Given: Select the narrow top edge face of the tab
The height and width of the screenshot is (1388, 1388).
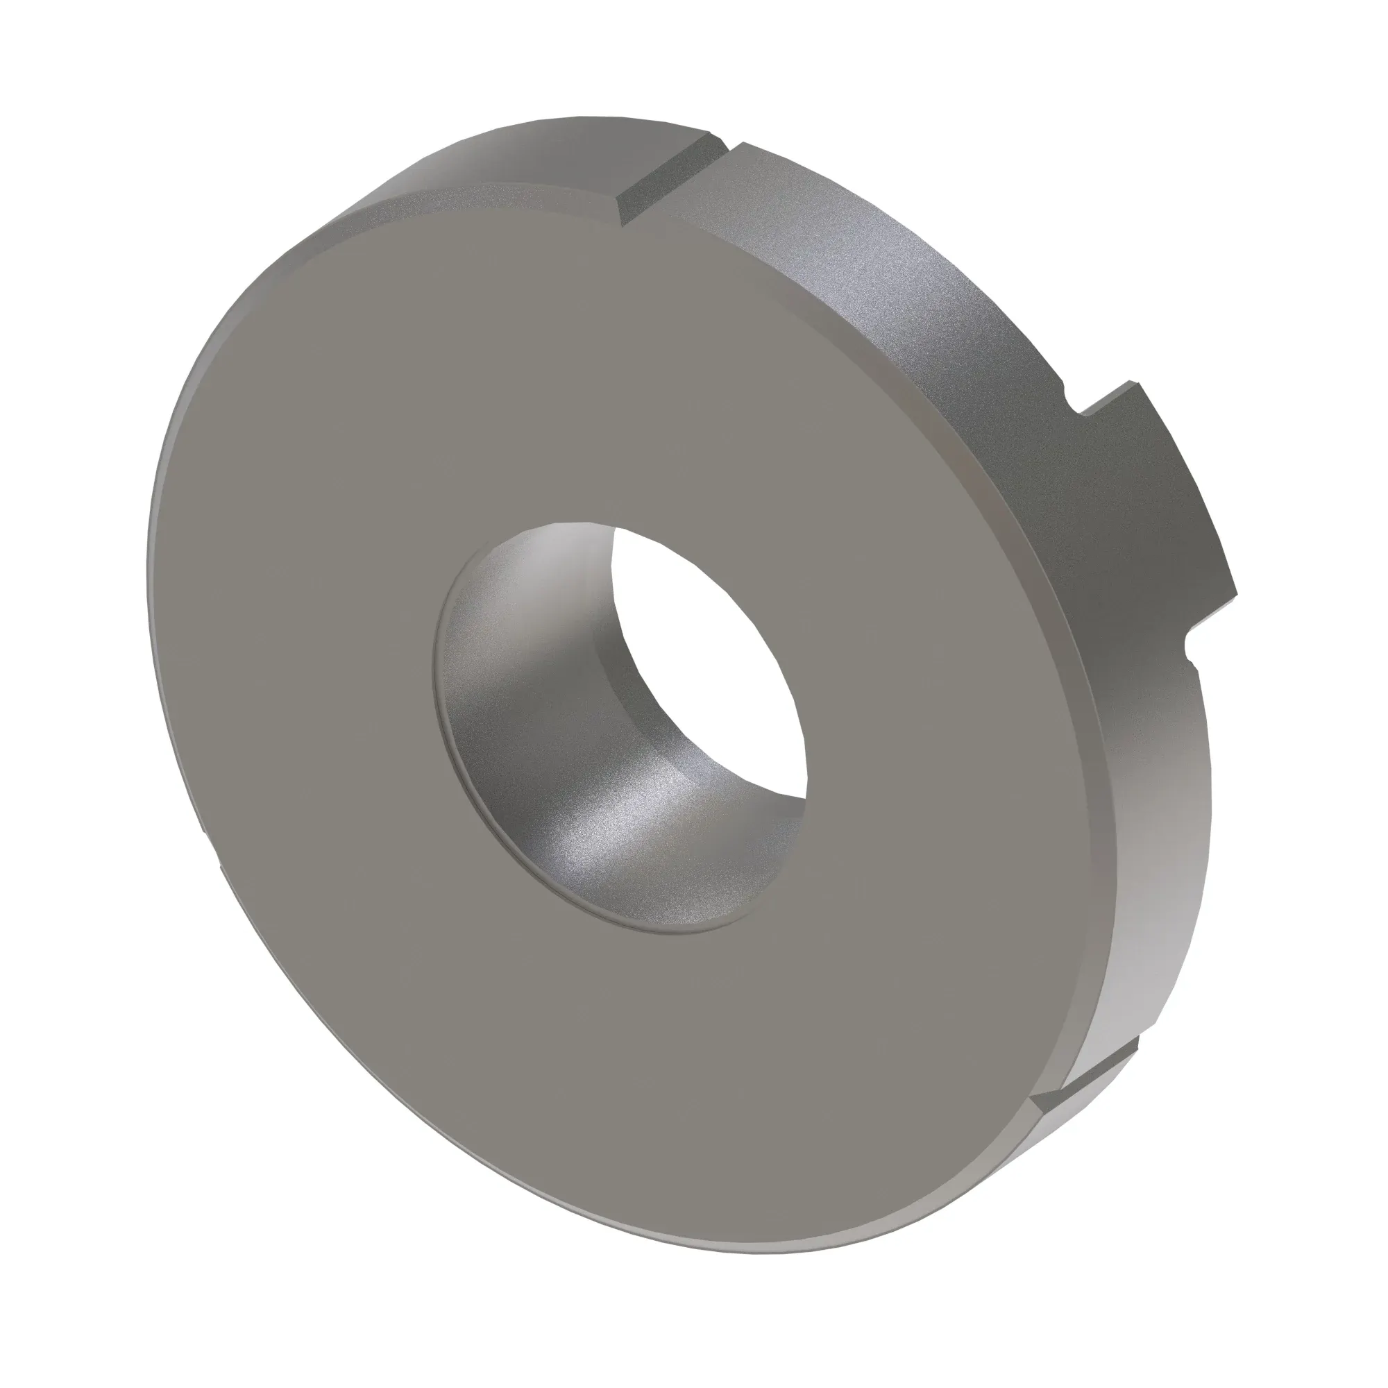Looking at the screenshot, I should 1110,399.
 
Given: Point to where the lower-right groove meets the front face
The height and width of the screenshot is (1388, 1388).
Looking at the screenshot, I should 1035,1121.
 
